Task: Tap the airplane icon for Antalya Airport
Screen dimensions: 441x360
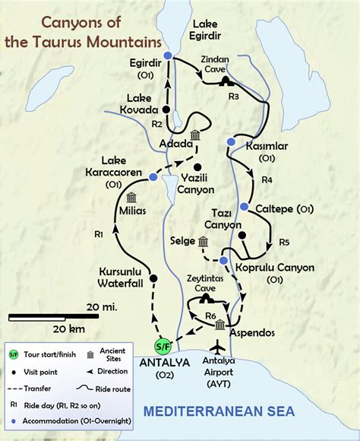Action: click(x=220, y=346)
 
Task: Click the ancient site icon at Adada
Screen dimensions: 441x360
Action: click(x=195, y=135)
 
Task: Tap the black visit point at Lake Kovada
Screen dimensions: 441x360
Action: click(x=166, y=109)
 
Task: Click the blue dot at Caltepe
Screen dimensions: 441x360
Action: click(x=245, y=207)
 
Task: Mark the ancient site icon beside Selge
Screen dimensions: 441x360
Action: click(x=203, y=242)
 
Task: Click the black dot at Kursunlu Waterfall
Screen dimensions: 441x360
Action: click(x=153, y=278)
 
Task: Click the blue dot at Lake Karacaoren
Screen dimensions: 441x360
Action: click(x=153, y=177)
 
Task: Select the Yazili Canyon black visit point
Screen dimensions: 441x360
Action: click(x=197, y=167)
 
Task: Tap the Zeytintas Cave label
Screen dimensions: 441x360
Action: click(x=204, y=284)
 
